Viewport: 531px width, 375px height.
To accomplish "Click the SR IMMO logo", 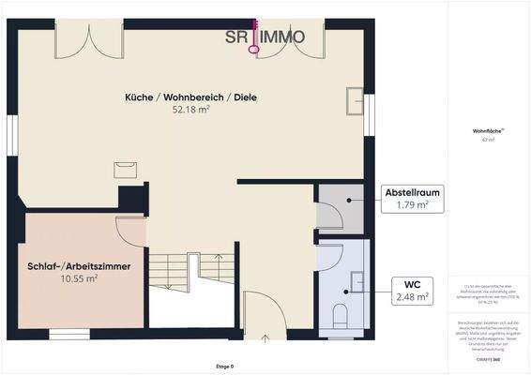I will pos(265,37).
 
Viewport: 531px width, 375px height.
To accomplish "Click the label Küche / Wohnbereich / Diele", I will pos(190,97).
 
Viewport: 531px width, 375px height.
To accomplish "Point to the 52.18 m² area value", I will pos(190,110).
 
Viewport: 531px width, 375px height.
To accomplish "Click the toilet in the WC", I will pos(341,316).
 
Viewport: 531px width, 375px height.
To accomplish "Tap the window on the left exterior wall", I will pos(11,137).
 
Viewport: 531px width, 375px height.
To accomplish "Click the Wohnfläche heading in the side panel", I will pos(487,131).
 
